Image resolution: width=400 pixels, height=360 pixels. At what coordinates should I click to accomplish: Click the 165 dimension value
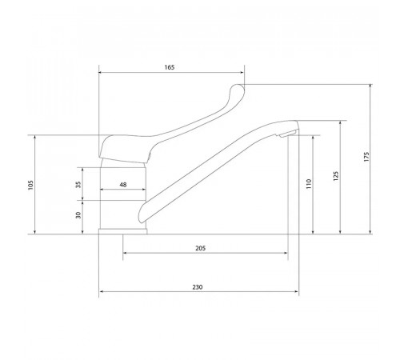click(170, 67)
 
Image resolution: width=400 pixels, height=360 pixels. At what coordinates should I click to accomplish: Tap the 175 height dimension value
click(366, 157)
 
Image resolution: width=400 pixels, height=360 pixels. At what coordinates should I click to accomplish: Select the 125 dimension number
click(336, 176)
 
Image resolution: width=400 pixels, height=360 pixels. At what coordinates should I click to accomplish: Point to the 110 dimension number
click(309, 184)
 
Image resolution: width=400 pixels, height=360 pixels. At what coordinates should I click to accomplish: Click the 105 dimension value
click(31, 185)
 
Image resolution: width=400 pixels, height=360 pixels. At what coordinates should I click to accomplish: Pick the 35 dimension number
click(78, 185)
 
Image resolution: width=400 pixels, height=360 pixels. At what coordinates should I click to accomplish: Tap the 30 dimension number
click(78, 215)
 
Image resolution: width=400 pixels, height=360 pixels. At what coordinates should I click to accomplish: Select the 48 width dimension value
click(123, 185)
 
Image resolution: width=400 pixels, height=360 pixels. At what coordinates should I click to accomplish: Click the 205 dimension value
click(201, 248)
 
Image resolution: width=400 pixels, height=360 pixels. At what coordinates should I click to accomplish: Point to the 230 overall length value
click(198, 287)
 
